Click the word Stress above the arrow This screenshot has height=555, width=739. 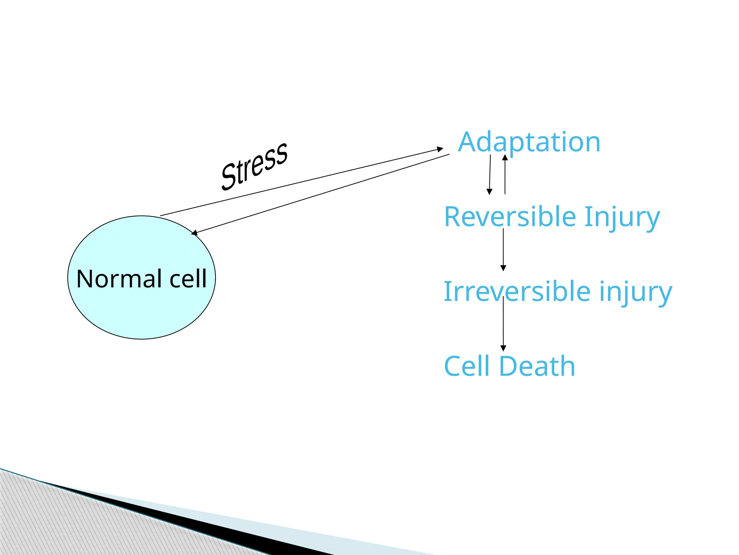pos(254,166)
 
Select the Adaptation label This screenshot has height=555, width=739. pos(529,142)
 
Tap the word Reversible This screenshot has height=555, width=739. pos(510,217)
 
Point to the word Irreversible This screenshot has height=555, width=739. pos(517,292)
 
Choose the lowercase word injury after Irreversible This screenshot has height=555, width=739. pos(636,292)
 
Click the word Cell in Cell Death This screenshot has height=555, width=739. pos(468,366)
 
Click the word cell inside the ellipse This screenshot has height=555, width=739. pos(188,279)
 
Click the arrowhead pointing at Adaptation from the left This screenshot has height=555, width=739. pos(440,149)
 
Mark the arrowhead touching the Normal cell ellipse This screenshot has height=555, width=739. pos(194,233)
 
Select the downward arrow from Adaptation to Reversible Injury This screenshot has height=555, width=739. pos(490,173)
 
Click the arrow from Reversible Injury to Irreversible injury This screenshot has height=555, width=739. pos(503,249)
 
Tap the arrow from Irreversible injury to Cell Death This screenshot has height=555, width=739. pos(503,323)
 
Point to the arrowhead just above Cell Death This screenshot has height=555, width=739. pos(503,348)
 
